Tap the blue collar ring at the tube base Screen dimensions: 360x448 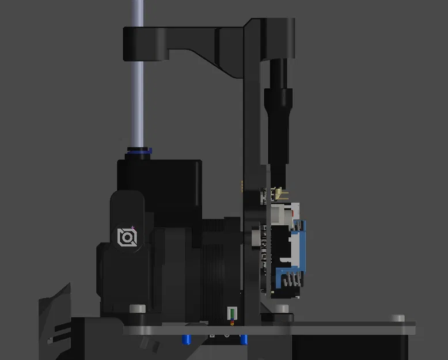tap(138, 151)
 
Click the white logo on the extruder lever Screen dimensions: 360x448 tap(127, 237)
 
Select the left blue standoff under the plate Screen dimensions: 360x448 tap(187, 338)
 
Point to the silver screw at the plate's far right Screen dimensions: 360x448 tap(398, 318)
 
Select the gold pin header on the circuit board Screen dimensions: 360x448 tap(279, 192)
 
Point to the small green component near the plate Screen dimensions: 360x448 tap(231, 313)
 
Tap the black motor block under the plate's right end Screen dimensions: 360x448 tap(351, 346)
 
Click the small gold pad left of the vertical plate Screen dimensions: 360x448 tap(241, 186)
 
